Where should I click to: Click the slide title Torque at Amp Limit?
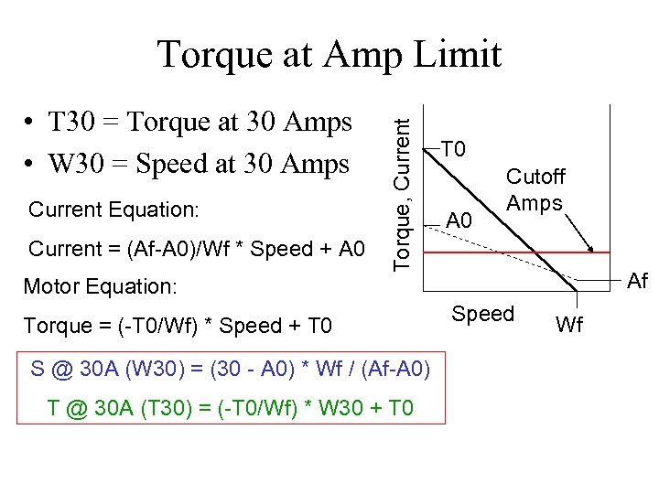tap(329, 54)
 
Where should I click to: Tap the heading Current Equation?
tap(113, 209)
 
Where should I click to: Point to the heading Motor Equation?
tap(100, 286)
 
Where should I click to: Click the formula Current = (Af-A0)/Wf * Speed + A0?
tap(197, 249)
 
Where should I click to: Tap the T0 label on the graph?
tap(455, 148)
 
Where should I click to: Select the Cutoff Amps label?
tap(535, 189)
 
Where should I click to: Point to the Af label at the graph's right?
tap(637, 282)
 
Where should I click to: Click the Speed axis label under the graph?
tap(483, 314)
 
